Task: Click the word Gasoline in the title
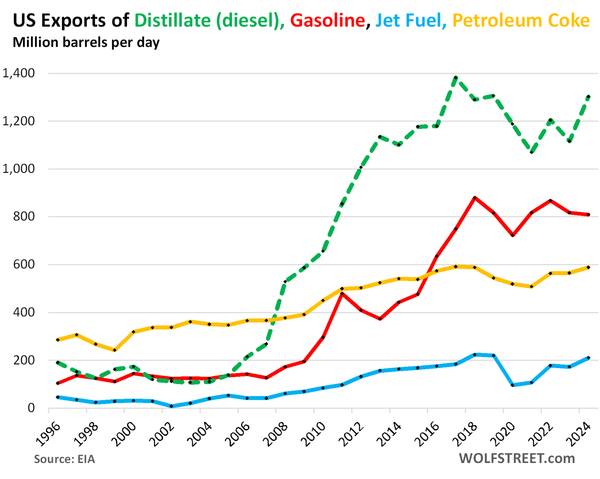coord(327,20)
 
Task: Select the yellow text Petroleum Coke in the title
coord(521,20)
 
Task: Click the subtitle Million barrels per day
coord(86,42)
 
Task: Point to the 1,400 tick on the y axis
coord(18,73)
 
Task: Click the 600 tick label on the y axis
coord(24,264)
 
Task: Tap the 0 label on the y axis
coord(31,408)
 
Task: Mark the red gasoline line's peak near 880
coord(475,198)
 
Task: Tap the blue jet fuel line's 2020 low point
coord(512,385)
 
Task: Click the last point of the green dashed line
coord(588,96)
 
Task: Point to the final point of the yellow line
coord(588,267)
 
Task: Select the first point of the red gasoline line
coord(58,383)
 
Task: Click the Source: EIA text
coord(64,459)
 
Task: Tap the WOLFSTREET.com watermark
coord(517,458)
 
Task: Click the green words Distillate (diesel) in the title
coord(209,20)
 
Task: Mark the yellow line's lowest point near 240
coord(114,350)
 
